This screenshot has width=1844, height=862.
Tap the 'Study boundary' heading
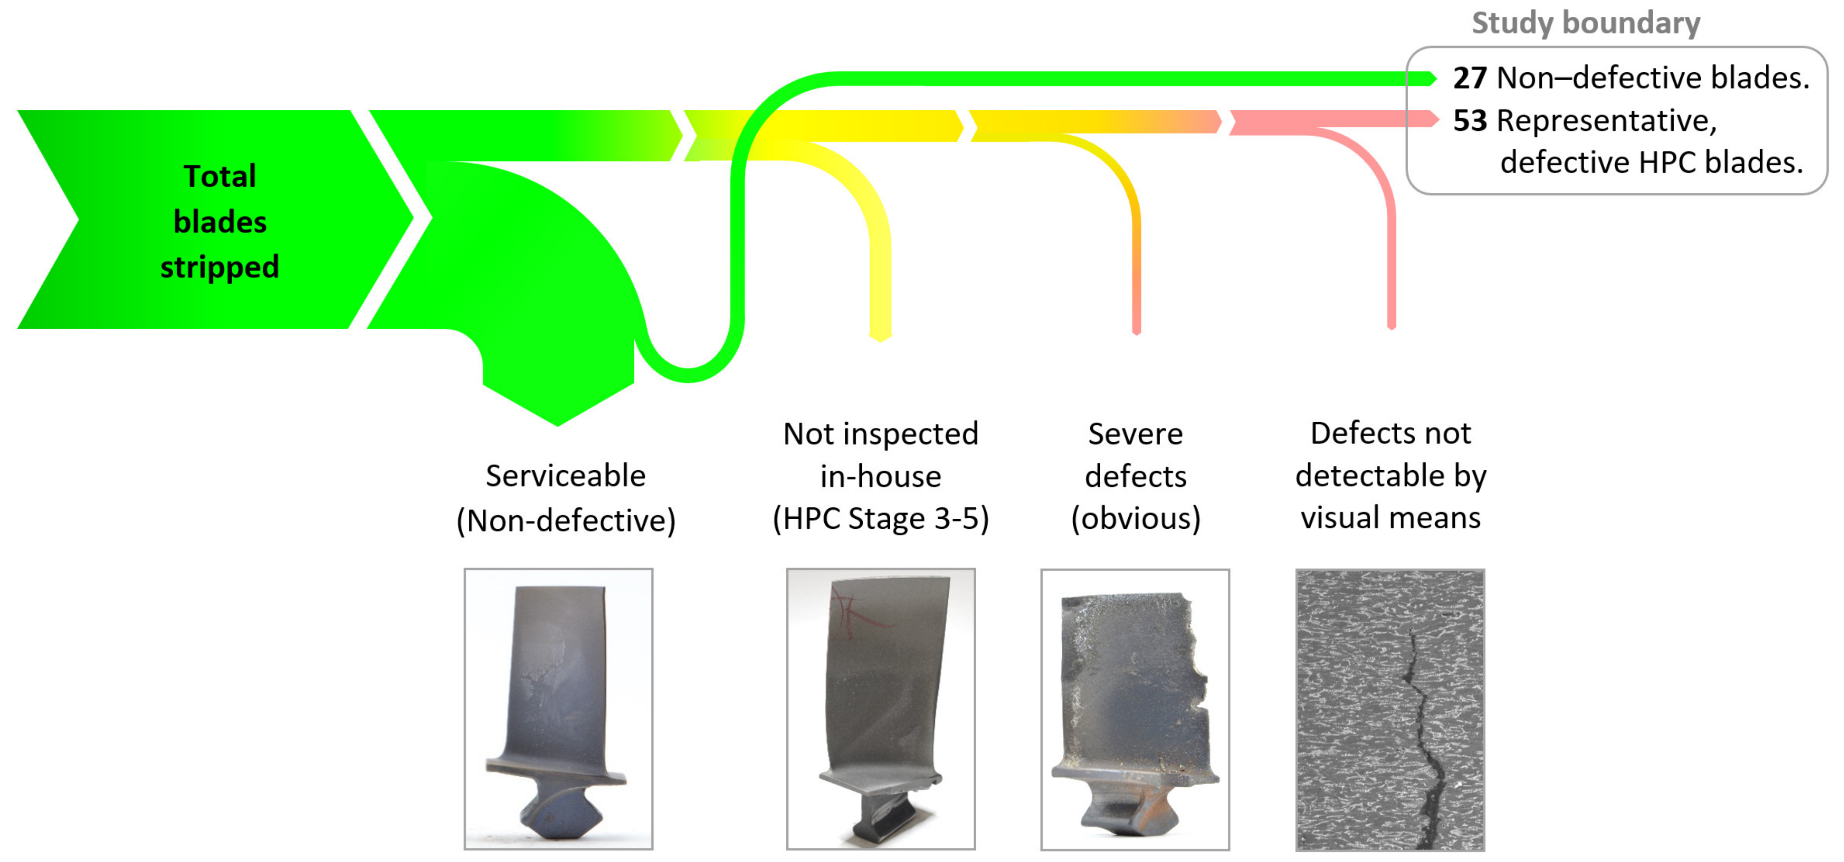point(1586,23)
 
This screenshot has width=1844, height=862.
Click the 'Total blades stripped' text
point(220,221)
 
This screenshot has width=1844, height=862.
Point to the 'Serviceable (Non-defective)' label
point(565,497)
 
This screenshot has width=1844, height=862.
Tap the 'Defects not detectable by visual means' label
point(1390,475)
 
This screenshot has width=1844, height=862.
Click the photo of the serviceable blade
point(558,709)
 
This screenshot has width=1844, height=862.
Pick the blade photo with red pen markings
point(881,709)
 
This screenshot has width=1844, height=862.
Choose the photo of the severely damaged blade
point(1135,709)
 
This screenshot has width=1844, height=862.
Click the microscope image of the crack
point(1390,709)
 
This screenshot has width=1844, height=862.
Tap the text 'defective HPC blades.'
point(1651,162)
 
